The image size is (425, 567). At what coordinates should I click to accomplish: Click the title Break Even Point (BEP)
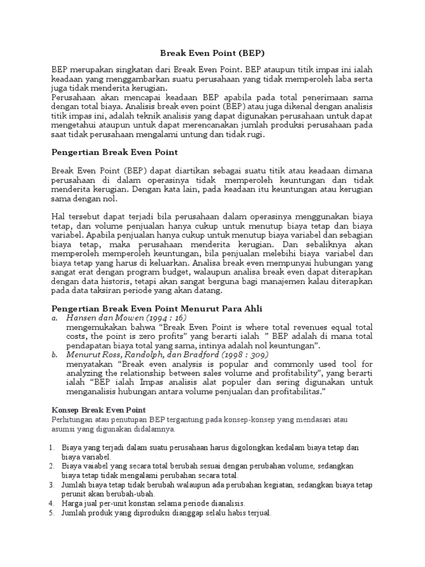click(x=212, y=54)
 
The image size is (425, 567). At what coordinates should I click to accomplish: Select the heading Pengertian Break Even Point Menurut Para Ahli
click(x=157, y=308)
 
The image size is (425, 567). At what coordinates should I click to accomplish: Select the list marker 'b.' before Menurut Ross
click(x=54, y=354)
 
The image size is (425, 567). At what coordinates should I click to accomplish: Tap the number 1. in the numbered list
click(x=51, y=447)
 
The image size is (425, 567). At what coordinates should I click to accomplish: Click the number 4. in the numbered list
click(x=51, y=503)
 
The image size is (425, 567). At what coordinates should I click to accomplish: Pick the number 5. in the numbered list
click(x=51, y=513)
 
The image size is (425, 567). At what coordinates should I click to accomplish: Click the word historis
click(x=112, y=281)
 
